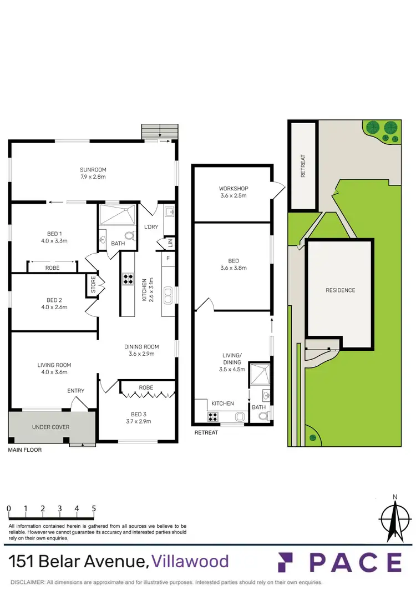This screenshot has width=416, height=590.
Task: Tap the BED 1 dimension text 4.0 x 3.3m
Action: click(x=54, y=241)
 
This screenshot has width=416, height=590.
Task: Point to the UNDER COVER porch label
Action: click(x=50, y=427)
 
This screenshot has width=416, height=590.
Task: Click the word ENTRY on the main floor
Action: click(x=76, y=391)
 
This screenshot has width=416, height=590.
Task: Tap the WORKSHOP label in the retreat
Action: click(x=232, y=188)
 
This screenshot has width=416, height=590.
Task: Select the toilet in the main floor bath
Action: click(x=128, y=235)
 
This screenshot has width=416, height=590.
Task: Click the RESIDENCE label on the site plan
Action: click(x=340, y=290)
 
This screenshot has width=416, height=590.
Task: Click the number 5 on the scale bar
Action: click(x=94, y=508)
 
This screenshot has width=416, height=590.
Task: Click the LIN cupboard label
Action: click(x=169, y=243)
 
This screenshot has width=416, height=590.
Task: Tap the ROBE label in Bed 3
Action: click(x=146, y=387)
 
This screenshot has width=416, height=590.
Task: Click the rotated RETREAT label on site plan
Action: click(x=303, y=166)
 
